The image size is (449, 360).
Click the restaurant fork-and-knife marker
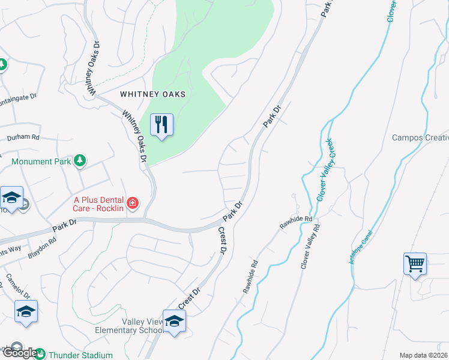[x=161, y=125]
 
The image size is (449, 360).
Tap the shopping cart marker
[x=415, y=264]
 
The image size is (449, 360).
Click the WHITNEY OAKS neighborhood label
[x=152, y=94]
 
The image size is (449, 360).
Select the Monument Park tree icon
[x=79, y=161]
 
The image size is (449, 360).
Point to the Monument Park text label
[x=40, y=161]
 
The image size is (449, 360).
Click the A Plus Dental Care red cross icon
[x=132, y=204]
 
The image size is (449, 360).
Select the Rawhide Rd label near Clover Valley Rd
[x=296, y=223]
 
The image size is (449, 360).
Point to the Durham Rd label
[x=23, y=137]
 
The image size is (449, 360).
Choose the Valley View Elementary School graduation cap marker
[x=174, y=322]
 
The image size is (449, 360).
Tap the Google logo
[x=19, y=353]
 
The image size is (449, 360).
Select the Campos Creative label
[x=420, y=137]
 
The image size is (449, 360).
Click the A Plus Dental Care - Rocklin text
[x=99, y=204]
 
